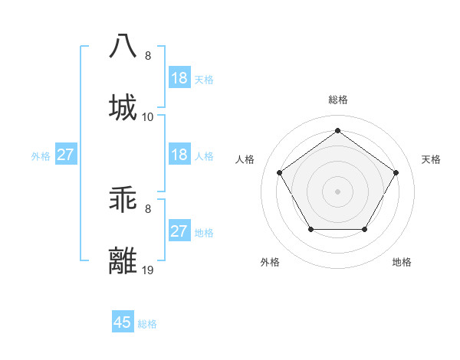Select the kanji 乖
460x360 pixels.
[123, 199]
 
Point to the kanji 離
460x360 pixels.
[123, 260]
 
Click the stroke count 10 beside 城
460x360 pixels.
[148, 117]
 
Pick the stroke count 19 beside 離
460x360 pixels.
[148, 270]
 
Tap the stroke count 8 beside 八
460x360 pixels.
[148, 56]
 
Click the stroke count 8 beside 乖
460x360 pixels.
[148, 208]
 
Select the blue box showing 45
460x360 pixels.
[123, 322]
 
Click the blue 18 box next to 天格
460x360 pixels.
[179, 78]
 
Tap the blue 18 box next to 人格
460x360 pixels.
[179, 155]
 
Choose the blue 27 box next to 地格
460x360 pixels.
[179, 231]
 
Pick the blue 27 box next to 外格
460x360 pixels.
[65, 155]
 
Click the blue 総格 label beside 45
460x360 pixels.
[147, 324]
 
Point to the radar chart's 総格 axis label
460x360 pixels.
[337, 100]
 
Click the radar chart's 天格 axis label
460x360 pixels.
[431, 159]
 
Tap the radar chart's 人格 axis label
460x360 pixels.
[245, 159]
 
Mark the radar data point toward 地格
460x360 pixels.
[364, 229]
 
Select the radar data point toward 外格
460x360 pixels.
[310, 229]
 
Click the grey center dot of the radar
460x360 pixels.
[337, 191]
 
